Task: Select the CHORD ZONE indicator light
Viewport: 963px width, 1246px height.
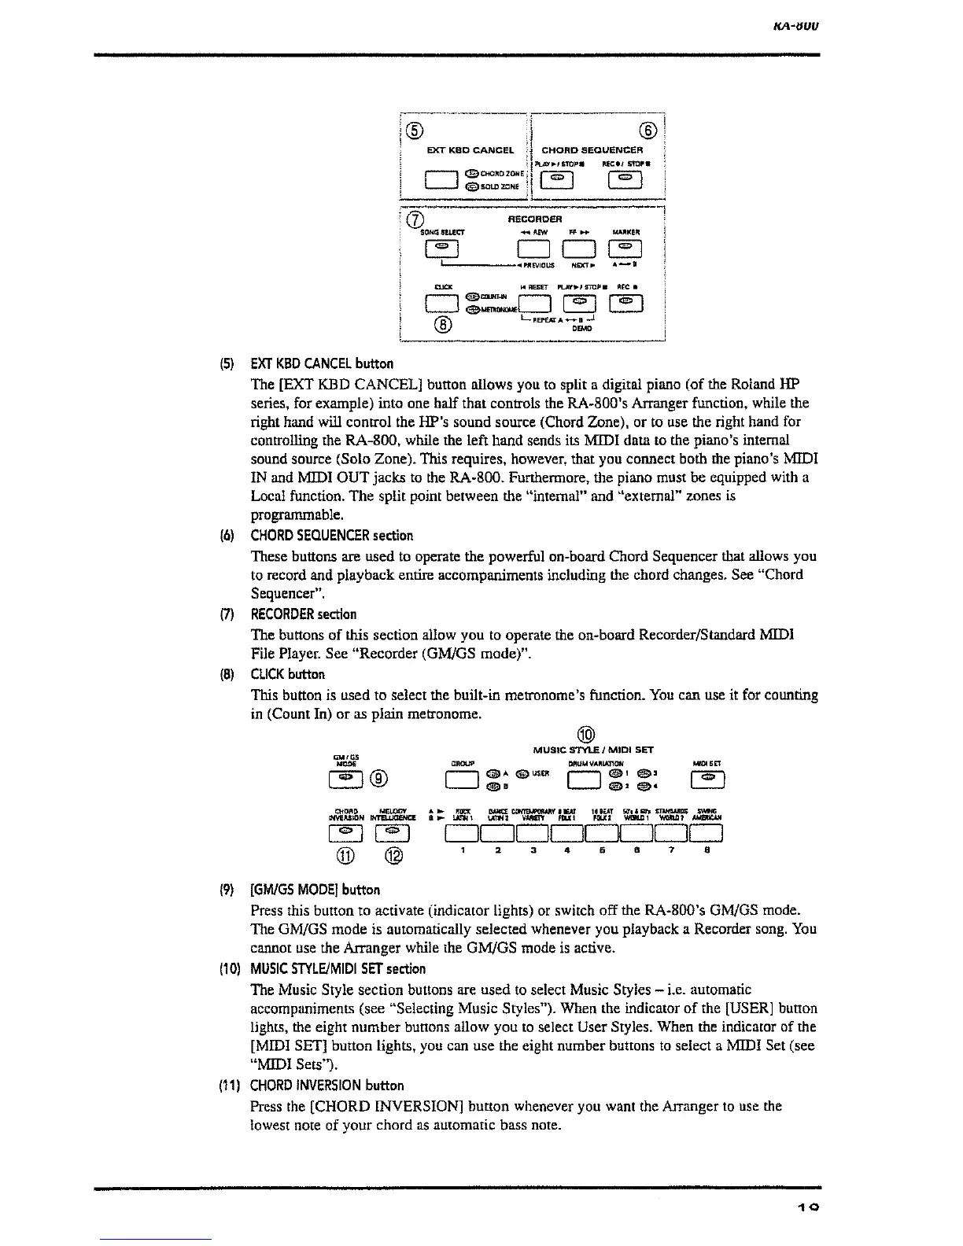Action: (x=470, y=175)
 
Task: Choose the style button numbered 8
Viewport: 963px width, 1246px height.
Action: (x=707, y=832)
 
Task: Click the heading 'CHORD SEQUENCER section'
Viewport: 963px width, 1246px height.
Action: (x=331, y=536)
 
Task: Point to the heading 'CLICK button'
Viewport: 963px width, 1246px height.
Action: (x=287, y=674)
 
